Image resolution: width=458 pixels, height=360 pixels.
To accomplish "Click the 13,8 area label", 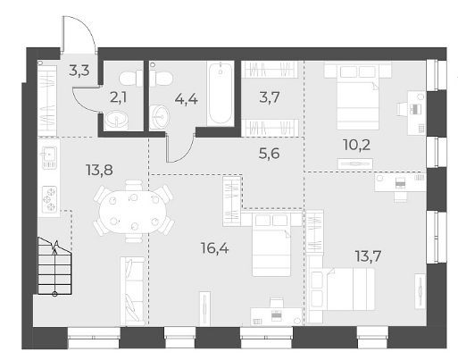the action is (x=99, y=170).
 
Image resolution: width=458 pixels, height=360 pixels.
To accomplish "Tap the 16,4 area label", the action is (x=215, y=248).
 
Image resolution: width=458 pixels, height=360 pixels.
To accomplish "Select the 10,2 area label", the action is (x=356, y=145).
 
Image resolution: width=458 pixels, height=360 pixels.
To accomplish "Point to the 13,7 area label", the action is (x=368, y=256).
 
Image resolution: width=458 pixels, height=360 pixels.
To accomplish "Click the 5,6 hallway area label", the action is (x=270, y=154).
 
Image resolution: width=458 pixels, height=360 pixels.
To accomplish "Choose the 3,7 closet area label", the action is (x=270, y=97).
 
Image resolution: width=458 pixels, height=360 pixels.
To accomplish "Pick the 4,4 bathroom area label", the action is (x=187, y=99).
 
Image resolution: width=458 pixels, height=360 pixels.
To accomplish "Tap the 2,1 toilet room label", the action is (x=118, y=97).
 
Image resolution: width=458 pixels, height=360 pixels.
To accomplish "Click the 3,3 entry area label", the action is (x=79, y=71).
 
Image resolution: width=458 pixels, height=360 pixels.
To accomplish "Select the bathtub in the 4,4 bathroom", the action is (x=221, y=93).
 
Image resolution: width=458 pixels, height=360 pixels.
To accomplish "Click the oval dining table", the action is (x=133, y=211).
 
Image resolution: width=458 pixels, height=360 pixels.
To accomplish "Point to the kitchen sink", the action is (x=49, y=157).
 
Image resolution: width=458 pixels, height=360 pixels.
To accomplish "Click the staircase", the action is (x=54, y=266).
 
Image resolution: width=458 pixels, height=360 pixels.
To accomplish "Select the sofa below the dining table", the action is (x=132, y=291).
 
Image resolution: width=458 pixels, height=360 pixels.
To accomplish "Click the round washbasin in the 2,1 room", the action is (x=116, y=120).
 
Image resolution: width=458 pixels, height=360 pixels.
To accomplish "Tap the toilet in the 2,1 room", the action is (x=131, y=78).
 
